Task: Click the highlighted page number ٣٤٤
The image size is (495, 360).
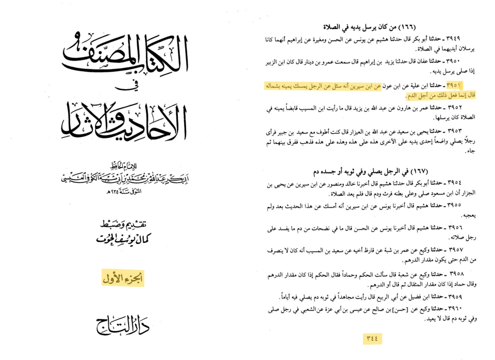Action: click(x=372, y=338)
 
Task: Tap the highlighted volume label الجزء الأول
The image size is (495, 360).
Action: click(x=123, y=278)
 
